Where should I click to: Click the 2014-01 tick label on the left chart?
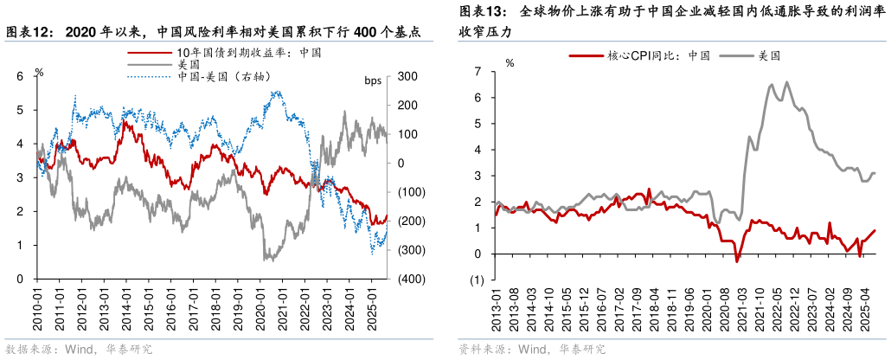click(127, 308)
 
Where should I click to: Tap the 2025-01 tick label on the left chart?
click(372, 308)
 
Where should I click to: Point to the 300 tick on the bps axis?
click(407, 76)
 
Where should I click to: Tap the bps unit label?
click(373, 81)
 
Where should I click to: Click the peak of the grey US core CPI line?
click(786, 82)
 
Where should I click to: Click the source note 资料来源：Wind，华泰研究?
click(532, 350)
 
